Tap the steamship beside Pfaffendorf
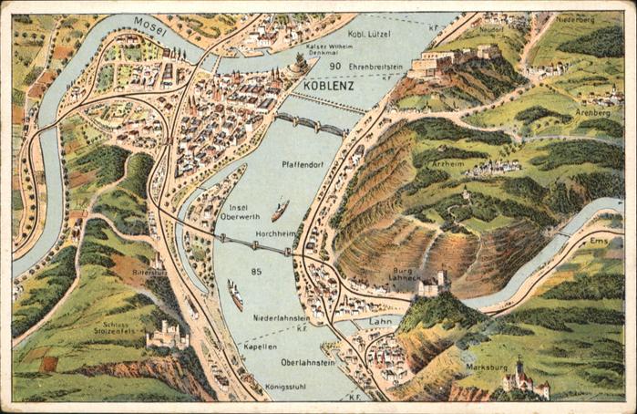point(280,211)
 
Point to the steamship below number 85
point(235,295)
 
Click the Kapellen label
point(260,347)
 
